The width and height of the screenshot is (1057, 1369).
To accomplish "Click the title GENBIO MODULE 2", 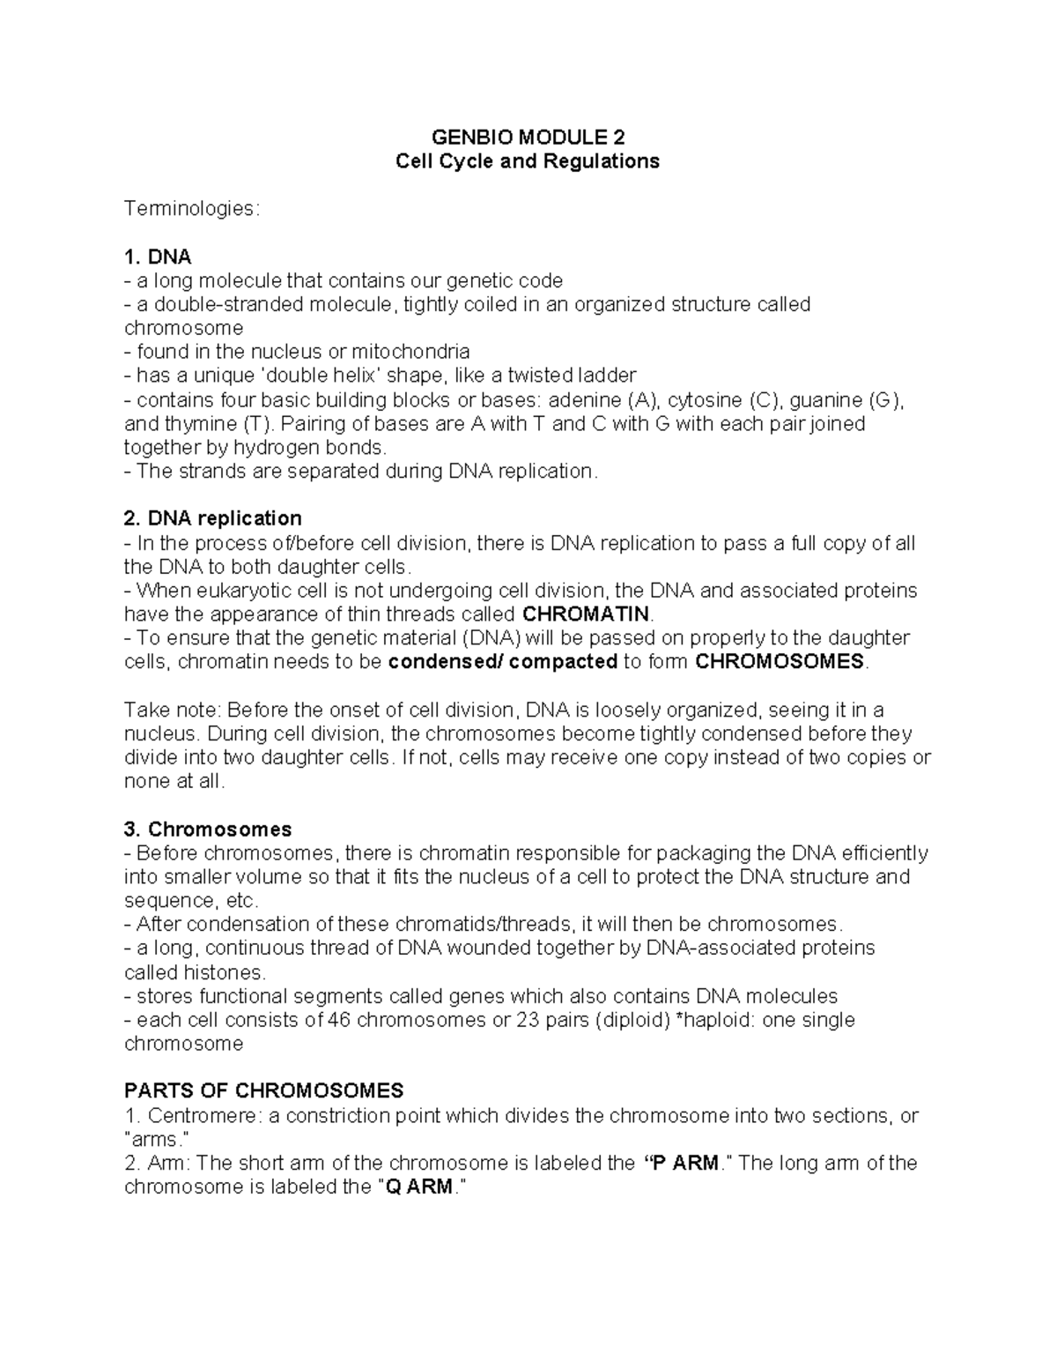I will click(528, 138).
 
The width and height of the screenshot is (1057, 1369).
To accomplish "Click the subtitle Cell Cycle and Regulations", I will click(528, 161).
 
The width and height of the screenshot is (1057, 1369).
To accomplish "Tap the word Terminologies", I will click(191, 209).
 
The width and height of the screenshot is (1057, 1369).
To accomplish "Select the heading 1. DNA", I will click(158, 257).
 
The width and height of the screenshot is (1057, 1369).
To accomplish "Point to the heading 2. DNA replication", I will click(213, 517).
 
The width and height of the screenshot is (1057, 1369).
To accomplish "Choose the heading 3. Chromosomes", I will click(208, 830).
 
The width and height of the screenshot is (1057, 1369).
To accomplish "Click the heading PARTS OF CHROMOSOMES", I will click(264, 1090).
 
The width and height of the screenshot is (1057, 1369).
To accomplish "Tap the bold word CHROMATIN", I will click(586, 614).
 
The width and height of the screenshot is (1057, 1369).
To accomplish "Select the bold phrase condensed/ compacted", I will click(502, 662).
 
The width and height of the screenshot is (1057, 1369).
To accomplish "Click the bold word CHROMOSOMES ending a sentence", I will click(780, 662).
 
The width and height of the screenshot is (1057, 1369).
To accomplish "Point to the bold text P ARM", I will click(683, 1163).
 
